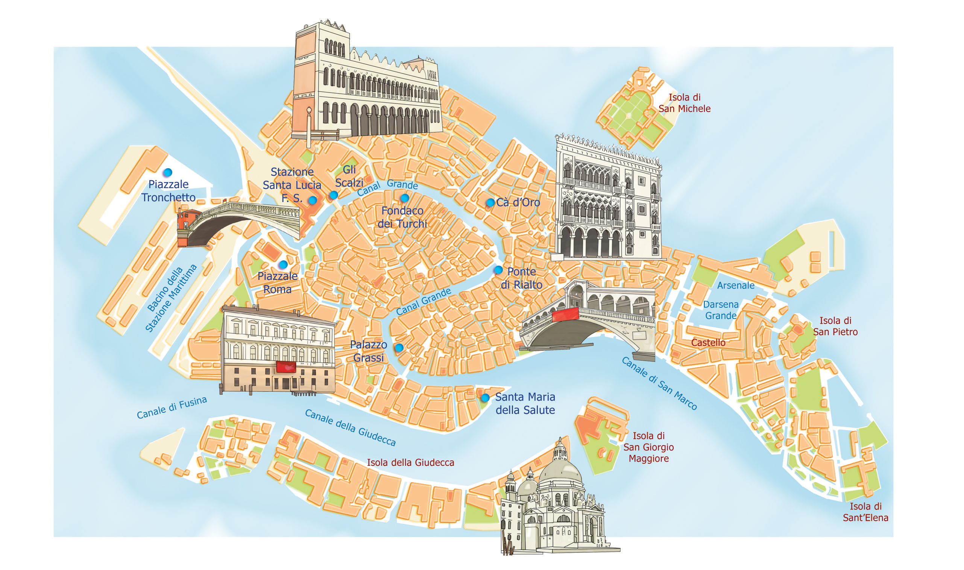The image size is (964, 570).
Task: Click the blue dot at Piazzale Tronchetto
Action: click(168, 172)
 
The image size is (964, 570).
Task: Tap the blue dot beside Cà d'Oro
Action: click(490, 202)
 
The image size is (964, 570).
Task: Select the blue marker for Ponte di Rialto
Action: click(498, 270)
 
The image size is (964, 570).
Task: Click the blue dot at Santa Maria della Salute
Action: click(485, 398)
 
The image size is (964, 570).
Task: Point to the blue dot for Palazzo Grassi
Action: click(399, 348)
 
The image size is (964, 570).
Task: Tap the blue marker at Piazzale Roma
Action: click(283, 264)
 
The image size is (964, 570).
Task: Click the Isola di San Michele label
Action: click(684, 103)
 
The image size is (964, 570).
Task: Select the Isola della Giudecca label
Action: click(410, 462)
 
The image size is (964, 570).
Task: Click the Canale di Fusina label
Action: click(172, 408)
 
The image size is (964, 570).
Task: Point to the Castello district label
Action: click(708, 343)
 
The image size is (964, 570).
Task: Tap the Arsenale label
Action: click(736, 286)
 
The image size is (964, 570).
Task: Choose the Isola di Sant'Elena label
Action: click(865, 512)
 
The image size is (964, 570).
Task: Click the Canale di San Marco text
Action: click(659, 384)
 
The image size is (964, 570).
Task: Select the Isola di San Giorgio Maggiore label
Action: click(648, 447)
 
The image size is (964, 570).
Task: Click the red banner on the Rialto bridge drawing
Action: click(565, 314)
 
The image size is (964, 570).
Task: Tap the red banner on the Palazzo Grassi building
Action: click(286, 367)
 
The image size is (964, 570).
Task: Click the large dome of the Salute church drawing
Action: click(561, 473)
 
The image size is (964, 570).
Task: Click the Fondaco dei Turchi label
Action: click(402, 217)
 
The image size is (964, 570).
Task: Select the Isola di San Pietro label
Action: click(835, 326)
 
